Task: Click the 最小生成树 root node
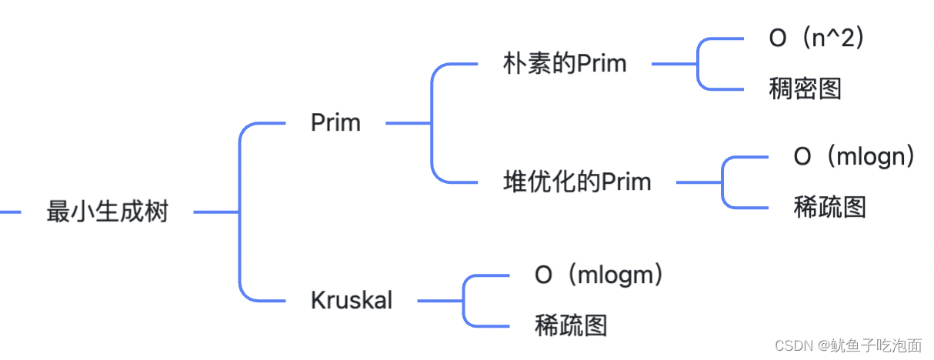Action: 107,212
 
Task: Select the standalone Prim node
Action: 335,122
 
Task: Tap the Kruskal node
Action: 352,300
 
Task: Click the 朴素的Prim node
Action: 565,64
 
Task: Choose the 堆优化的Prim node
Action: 577,182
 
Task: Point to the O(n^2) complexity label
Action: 817,38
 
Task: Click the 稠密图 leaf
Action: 806,89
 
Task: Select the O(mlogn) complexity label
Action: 855,157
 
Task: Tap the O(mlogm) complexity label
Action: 599,275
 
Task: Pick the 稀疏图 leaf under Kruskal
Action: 571,325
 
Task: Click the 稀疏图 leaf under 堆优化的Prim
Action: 830,208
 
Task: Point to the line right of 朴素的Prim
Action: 674,64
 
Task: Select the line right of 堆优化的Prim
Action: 699,182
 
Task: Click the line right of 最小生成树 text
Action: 215,212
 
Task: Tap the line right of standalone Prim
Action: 408,122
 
